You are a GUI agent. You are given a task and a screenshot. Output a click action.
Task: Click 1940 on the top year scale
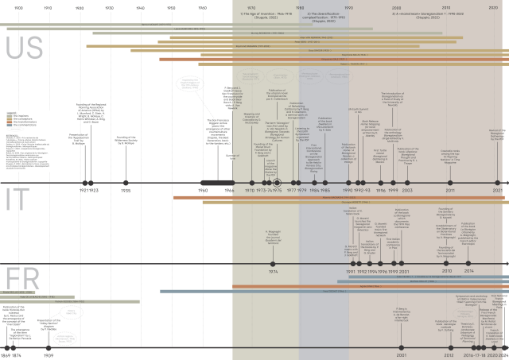[x=141, y=7]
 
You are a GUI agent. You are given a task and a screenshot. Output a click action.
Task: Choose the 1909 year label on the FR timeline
[x=49, y=355]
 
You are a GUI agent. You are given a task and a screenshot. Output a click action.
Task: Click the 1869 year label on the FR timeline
[x=6, y=355]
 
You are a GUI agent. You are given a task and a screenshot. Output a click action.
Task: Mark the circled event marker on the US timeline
[x=278, y=160]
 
